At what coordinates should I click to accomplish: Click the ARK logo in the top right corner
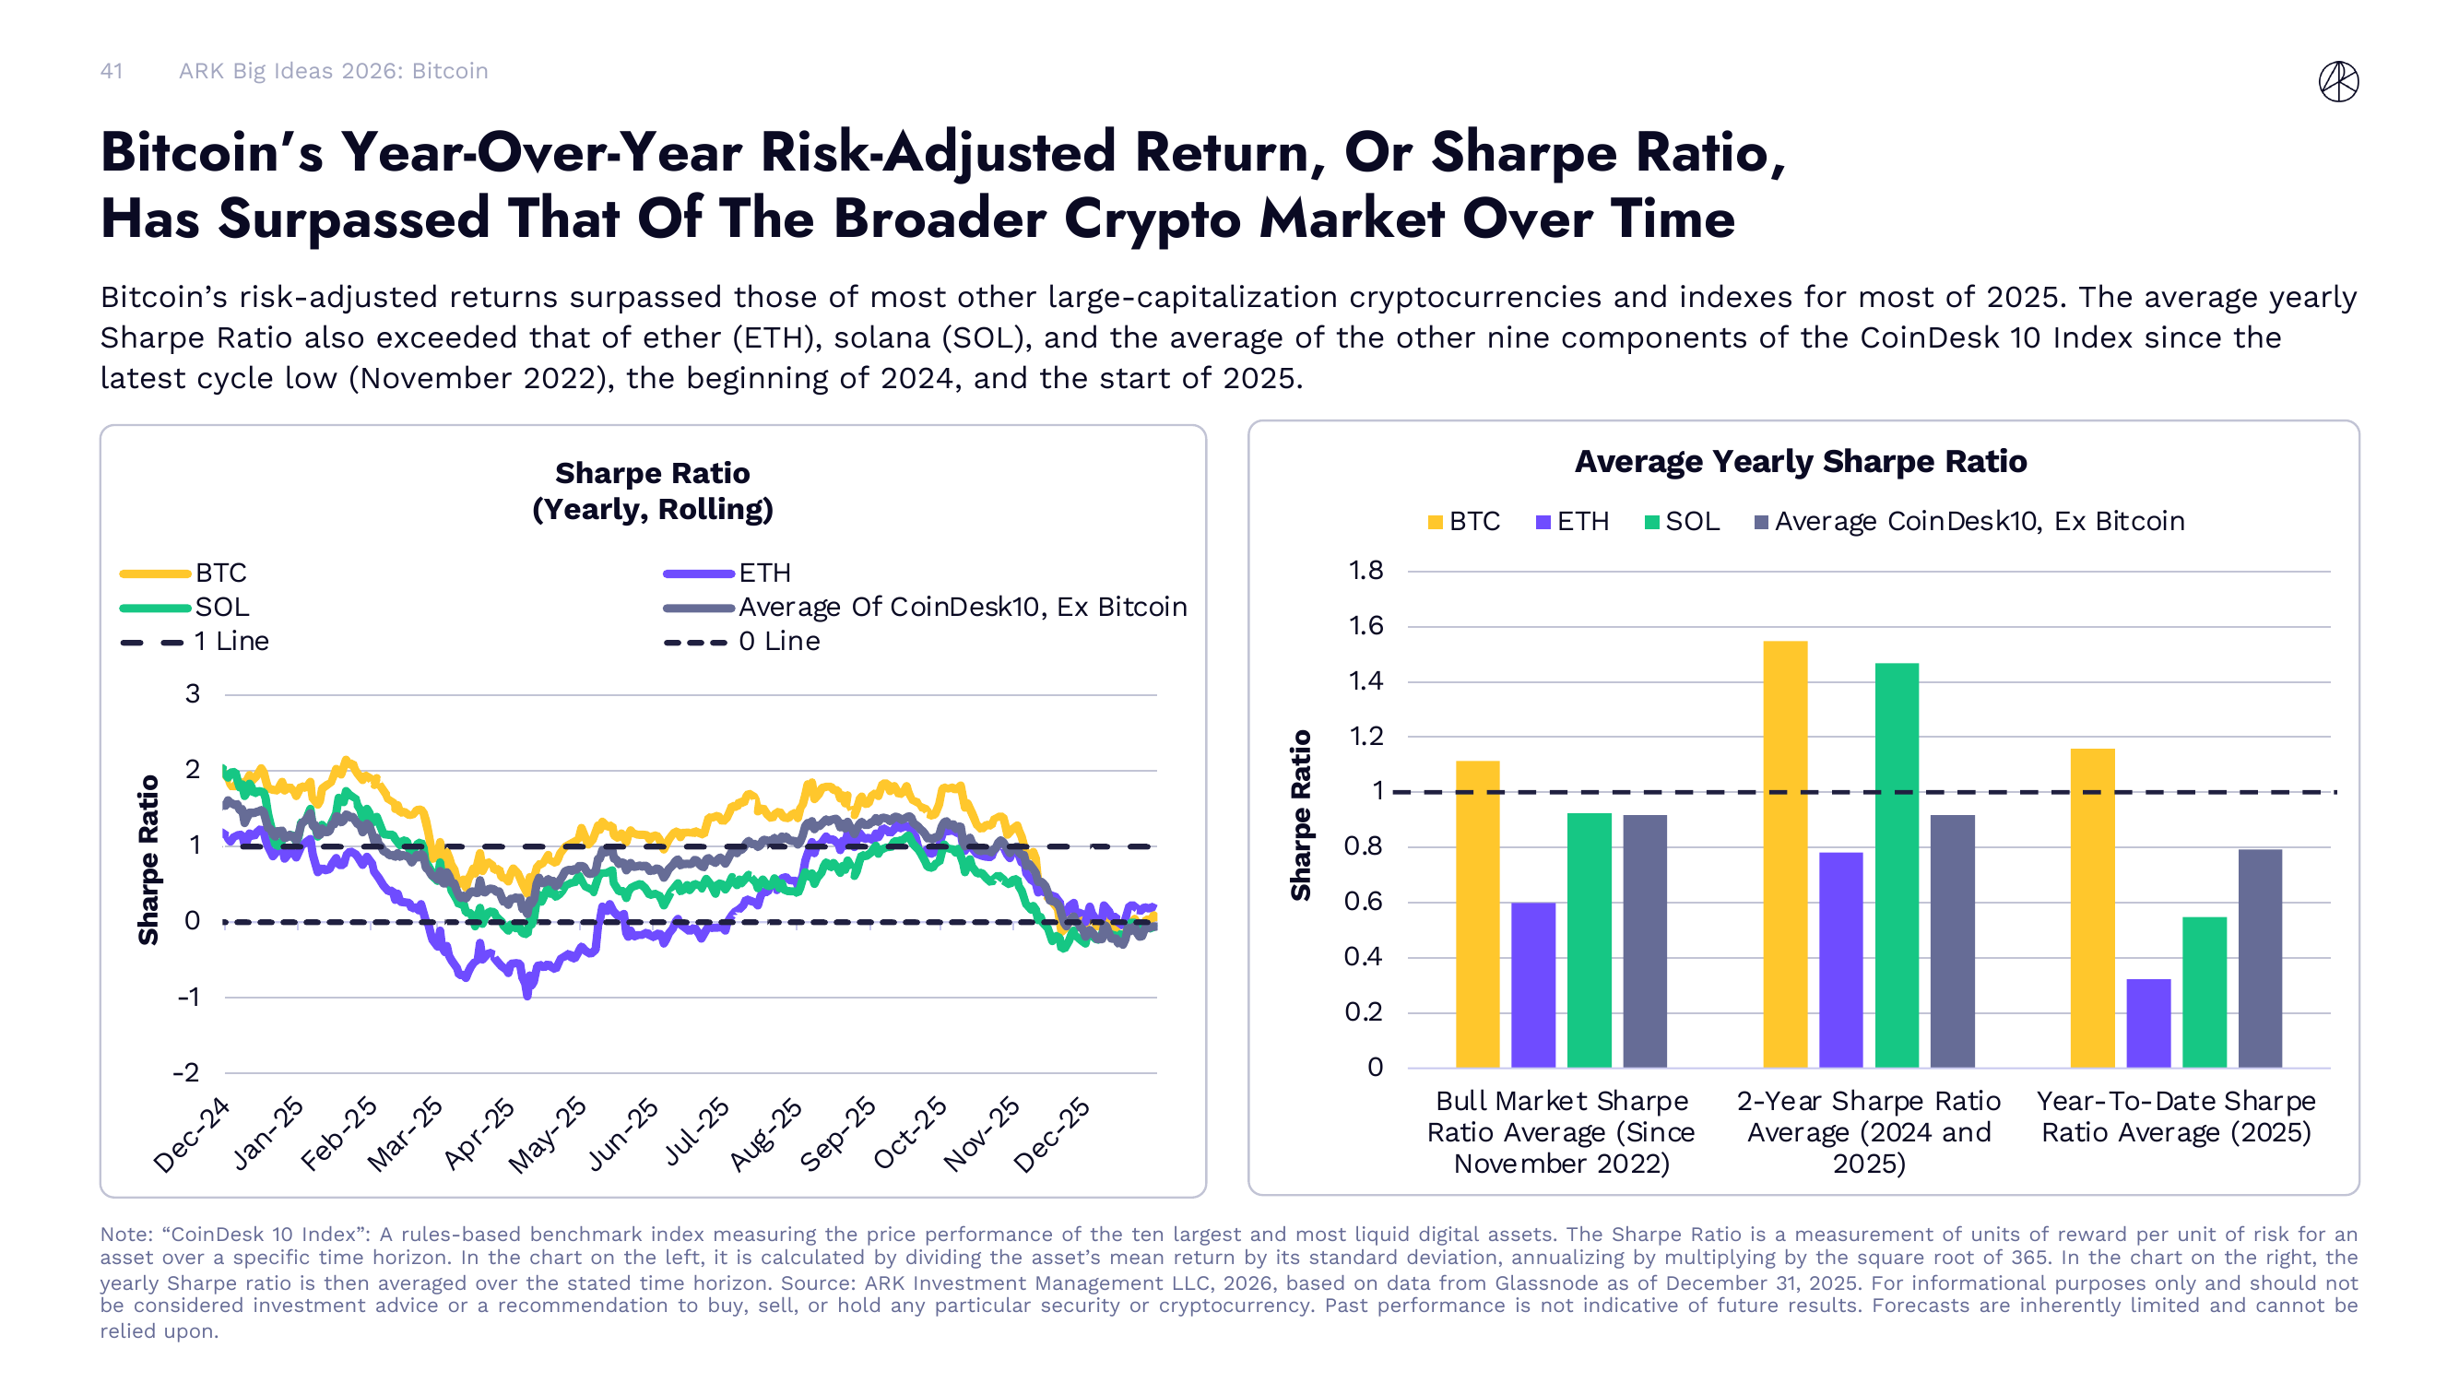tap(2338, 81)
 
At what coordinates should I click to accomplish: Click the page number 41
tap(112, 71)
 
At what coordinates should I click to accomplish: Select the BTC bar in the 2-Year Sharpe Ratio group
tap(1784, 855)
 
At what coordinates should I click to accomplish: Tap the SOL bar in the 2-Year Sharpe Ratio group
tap(1896, 865)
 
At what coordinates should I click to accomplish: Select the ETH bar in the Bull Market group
tap(1533, 984)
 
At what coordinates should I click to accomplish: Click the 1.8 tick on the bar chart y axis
tap(1365, 571)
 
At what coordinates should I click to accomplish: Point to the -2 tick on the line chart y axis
tap(186, 1072)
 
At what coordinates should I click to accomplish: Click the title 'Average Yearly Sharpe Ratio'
tap(1800, 461)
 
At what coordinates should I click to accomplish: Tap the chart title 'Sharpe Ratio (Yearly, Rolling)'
tap(652, 491)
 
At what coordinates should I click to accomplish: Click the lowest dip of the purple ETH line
tap(527, 996)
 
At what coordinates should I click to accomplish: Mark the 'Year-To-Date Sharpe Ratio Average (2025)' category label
tap(2176, 1116)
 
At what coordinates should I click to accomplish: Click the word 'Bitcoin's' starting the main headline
tap(212, 153)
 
